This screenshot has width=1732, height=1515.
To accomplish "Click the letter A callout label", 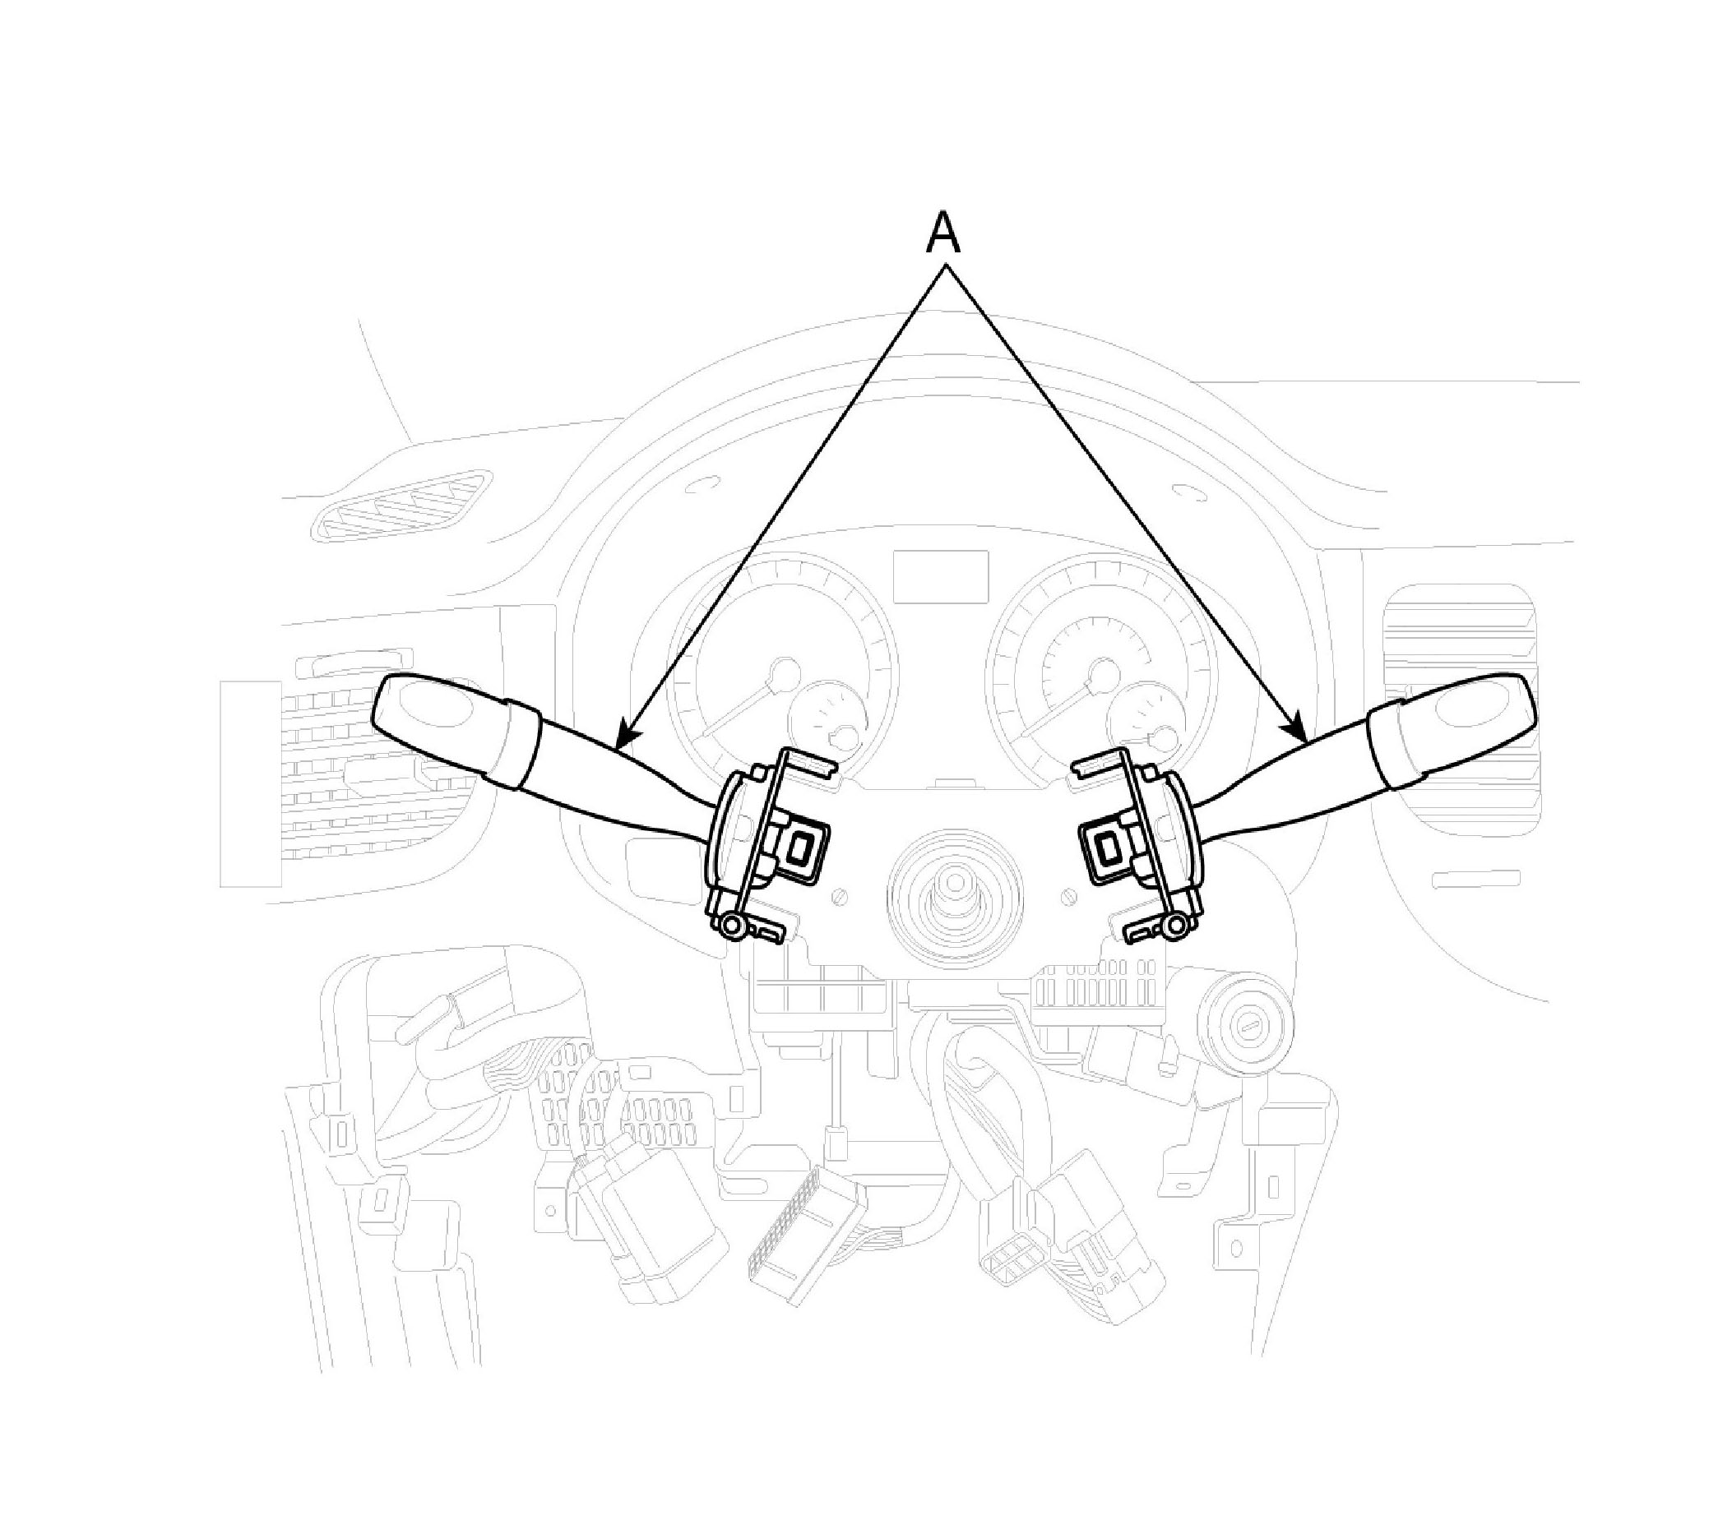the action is click(944, 233).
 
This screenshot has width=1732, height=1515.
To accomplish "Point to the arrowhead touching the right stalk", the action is click(1294, 727).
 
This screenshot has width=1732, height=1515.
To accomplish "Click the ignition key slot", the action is click(1253, 1027).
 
